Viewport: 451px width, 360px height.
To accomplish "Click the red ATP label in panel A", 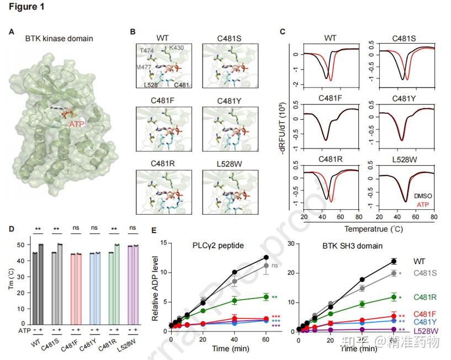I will (77, 124).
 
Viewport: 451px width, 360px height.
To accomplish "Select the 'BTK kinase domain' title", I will (59, 39).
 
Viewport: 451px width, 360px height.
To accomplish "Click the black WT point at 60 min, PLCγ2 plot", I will (266, 257).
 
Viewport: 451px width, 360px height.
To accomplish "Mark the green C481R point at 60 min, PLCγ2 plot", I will (266, 297).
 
